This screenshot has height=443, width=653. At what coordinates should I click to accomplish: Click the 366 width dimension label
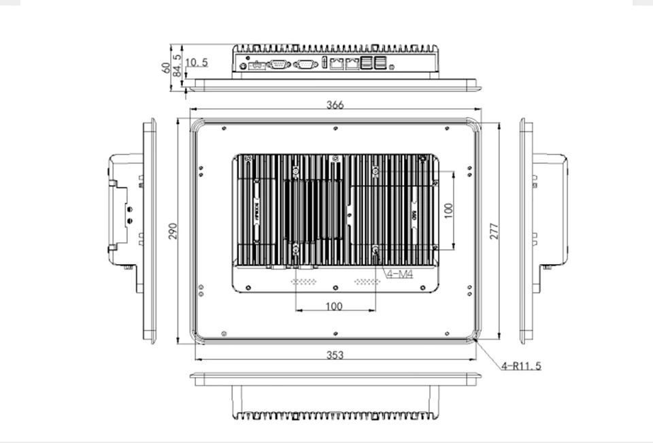tap(335, 105)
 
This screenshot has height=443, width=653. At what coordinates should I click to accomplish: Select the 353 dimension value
tap(335, 355)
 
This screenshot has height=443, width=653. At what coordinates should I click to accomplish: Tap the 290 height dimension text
tap(173, 231)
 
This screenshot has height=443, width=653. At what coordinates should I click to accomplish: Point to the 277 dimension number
tap(494, 231)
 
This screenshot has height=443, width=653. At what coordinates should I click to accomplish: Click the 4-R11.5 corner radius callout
tap(521, 366)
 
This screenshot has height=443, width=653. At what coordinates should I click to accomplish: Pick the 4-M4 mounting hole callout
tap(401, 274)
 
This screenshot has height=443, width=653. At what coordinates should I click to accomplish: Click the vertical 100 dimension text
tap(448, 210)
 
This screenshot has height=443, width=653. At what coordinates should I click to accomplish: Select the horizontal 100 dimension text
tap(333, 306)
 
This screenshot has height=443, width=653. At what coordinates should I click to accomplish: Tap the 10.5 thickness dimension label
tap(196, 63)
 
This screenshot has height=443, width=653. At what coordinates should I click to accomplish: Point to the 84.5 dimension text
tap(178, 64)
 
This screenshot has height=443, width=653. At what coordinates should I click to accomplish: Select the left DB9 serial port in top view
tap(279, 65)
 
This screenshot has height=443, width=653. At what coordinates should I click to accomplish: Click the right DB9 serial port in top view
tap(306, 65)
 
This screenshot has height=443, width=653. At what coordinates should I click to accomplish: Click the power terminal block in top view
tap(256, 66)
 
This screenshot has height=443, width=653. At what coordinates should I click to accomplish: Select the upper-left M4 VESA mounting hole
tap(296, 170)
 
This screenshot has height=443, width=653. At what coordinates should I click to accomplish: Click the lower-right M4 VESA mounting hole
tap(375, 250)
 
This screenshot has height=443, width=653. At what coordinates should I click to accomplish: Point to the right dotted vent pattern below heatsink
tap(365, 281)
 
